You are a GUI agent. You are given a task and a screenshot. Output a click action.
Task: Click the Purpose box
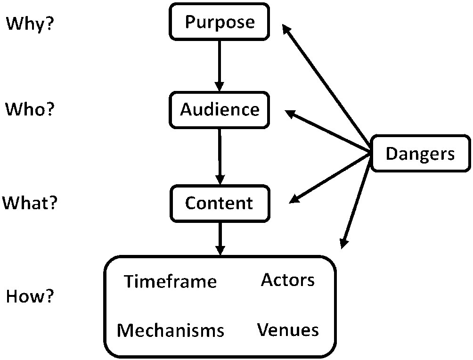[x=220, y=22]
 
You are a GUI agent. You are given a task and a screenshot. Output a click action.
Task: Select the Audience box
[x=220, y=110]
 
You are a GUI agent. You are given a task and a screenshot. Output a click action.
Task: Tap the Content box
[x=220, y=203]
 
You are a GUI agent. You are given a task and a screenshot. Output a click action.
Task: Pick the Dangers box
[x=420, y=154]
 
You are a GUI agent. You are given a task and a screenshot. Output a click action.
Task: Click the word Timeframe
[x=171, y=281]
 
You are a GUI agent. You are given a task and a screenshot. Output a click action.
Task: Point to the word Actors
[x=288, y=280]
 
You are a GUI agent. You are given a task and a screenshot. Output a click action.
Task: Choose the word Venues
[x=288, y=329]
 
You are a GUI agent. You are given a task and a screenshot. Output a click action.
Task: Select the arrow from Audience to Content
[x=220, y=153]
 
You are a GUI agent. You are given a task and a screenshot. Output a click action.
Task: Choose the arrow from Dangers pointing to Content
[x=330, y=178]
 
